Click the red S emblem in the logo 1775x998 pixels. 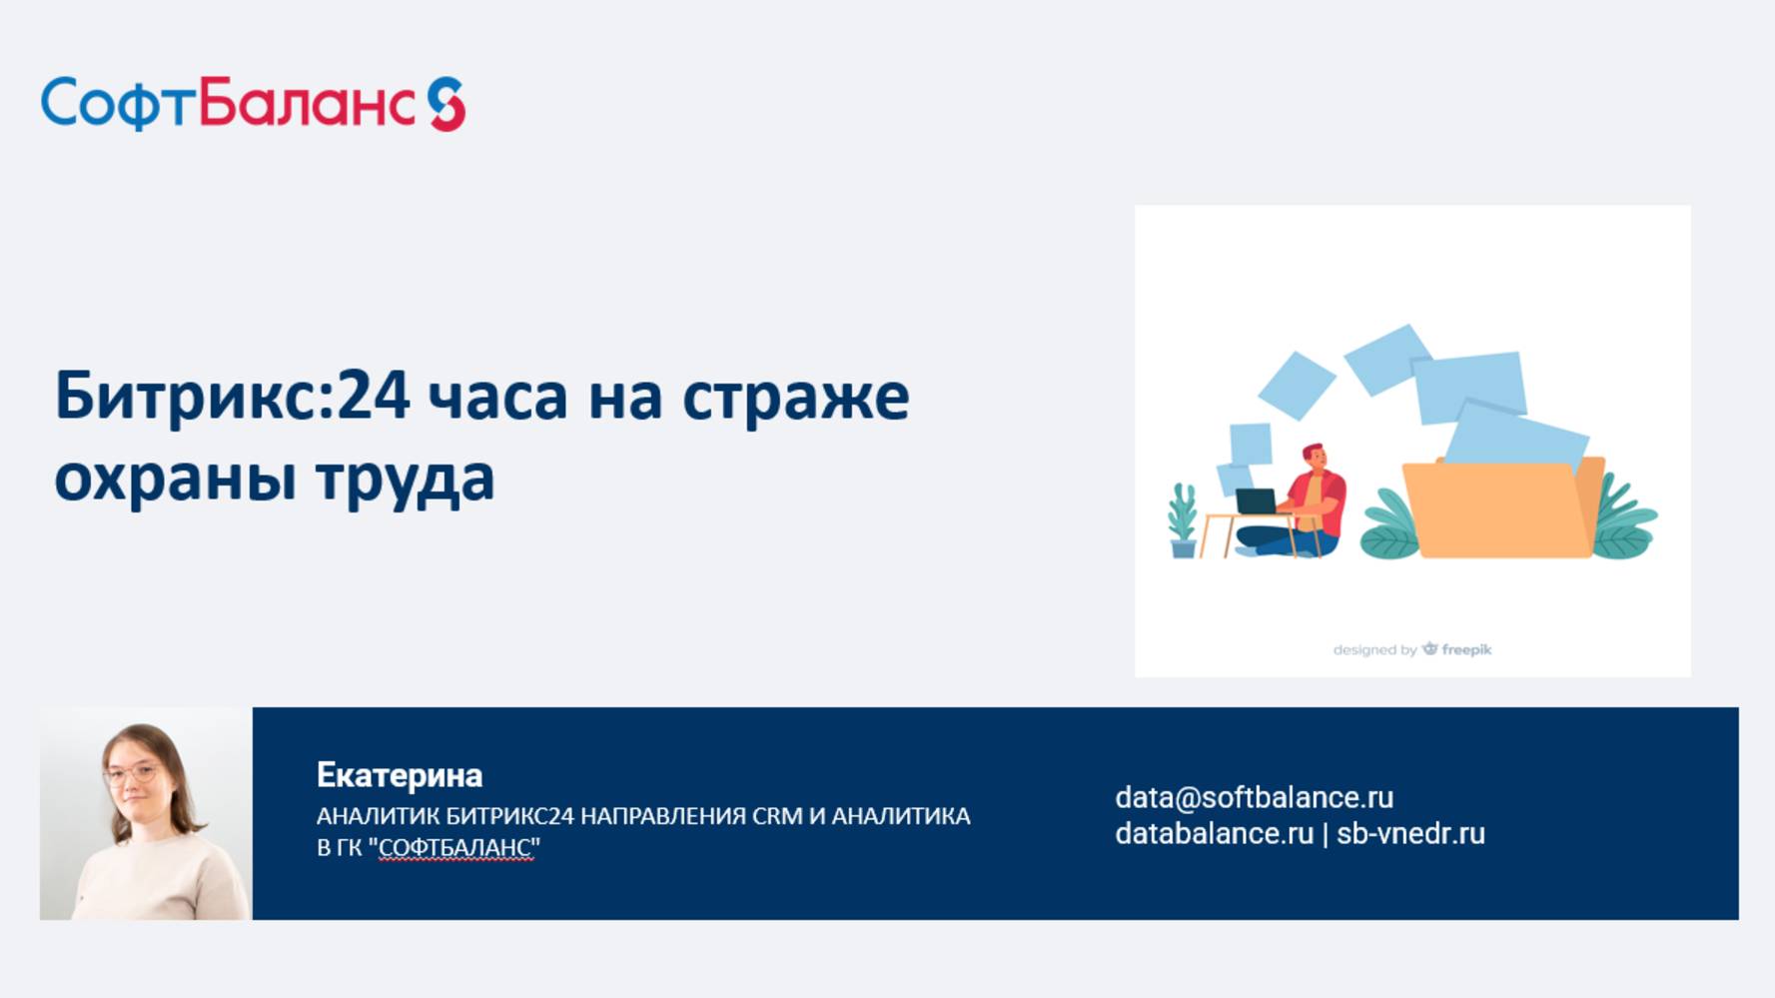point(446,104)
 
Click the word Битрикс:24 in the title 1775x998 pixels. point(232,396)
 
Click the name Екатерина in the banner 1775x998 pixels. point(400,775)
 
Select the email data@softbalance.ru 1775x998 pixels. point(1254,797)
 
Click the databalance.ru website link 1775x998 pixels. point(1214,833)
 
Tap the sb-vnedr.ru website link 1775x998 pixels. point(1410,833)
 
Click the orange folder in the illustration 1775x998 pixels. point(1503,507)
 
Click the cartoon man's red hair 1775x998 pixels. point(1315,452)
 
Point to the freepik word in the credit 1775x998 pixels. point(1466,649)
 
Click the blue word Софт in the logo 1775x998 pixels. point(119,104)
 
